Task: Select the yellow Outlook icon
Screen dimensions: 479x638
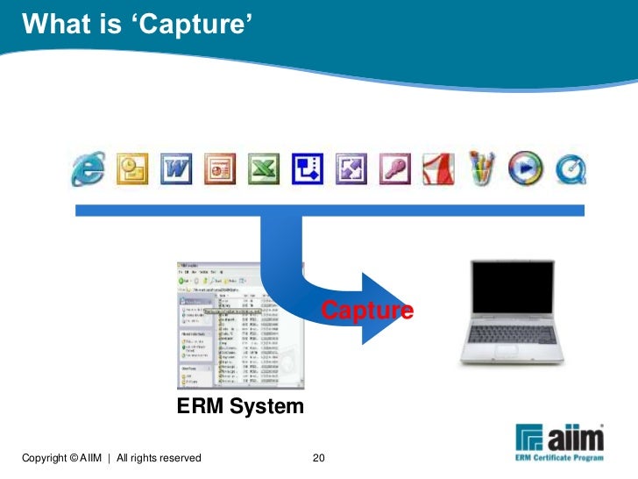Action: coord(133,168)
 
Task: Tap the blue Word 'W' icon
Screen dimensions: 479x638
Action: coord(175,168)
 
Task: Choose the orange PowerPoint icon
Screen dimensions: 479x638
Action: coord(219,168)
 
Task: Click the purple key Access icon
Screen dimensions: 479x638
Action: coord(393,168)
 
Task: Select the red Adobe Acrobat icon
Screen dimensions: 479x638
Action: coord(436,168)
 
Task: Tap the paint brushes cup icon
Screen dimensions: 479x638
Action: coord(480,168)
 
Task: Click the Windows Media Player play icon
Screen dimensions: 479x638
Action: coord(523,168)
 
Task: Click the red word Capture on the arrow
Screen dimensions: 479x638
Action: coord(366,311)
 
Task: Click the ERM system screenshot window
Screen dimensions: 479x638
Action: coord(239,325)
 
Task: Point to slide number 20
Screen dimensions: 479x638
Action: coord(319,458)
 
